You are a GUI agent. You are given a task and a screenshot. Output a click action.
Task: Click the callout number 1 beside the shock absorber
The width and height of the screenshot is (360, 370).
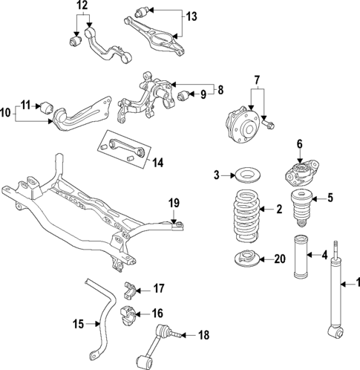tap(354, 282)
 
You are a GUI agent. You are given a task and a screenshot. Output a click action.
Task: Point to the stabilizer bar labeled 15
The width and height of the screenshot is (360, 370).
tap(102, 312)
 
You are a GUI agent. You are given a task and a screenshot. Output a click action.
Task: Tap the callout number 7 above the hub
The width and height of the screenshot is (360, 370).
tap(257, 79)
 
